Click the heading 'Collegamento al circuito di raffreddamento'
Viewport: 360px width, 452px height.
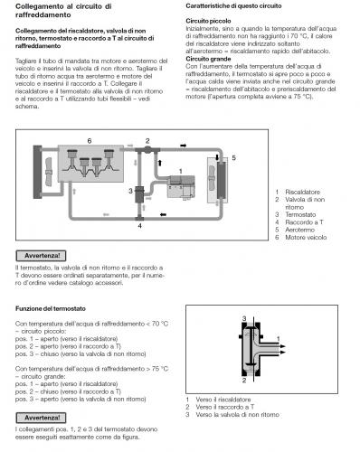63,12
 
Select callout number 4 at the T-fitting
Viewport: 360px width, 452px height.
139,224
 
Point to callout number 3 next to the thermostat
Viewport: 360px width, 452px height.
131,191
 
